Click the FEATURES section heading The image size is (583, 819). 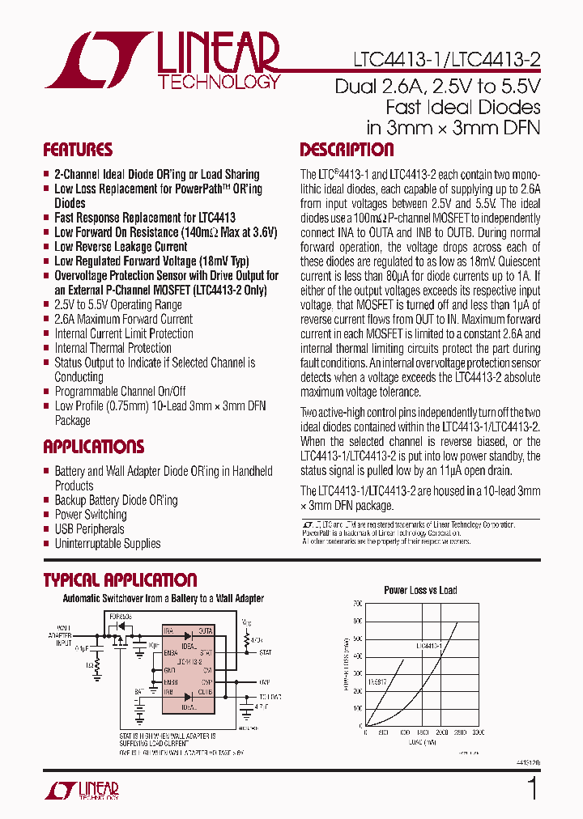click(x=78, y=150)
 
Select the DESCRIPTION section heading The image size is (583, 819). click(x=347, y=150)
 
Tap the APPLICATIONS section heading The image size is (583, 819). click(x=93, y=447)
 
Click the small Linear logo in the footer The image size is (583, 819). click(x=82, y=790)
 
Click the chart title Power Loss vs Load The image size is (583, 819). click(x=420, y=591)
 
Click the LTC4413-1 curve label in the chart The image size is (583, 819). click(x=428, y=646)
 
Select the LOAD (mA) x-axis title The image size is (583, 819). click(x=420, y=740)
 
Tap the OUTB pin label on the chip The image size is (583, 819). click(x=206, y=693)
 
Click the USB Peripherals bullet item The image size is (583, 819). click(x=89, y=529)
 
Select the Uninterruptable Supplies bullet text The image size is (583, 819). click(x=107, y=544)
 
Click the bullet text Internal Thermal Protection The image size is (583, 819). click(x=113, y=348)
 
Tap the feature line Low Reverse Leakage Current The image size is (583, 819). click(x=121, y=247)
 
